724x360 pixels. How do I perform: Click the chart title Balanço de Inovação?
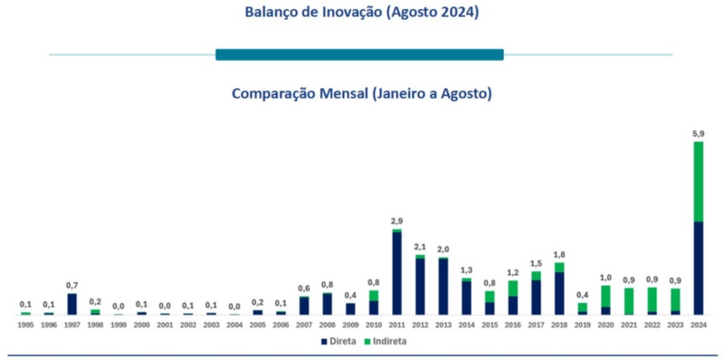pos(362,13)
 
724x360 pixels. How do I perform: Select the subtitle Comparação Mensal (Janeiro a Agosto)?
pos(362,93)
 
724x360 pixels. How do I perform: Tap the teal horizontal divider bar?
pos(359,54)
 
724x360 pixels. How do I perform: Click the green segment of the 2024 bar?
pos(698,181)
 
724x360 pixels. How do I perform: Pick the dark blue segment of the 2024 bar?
pos(698,268)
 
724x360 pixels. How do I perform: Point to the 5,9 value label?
pos(698,134)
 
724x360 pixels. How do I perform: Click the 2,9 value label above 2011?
pos(396,222)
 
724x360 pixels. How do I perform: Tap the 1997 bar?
pos(71,304)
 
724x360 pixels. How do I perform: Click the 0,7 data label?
pos(71,285)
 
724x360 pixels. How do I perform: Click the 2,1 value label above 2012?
pos(420,247)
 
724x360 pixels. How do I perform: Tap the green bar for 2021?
pos(628,301)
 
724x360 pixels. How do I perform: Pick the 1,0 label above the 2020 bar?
pos(605,278)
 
